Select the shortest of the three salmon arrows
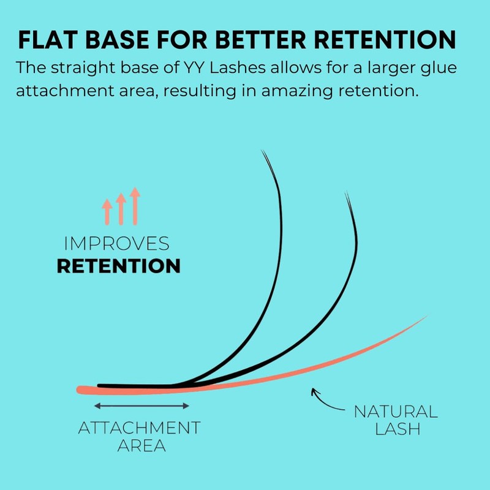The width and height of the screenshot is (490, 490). click(107, 211)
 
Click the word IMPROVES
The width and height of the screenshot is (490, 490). click(117, 244)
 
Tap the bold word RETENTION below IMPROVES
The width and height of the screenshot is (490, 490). click(119, 266)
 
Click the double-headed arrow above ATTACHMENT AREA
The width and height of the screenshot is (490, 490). click(142, 405)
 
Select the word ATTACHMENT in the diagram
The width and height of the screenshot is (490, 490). click(140, 428)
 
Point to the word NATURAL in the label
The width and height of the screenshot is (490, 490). click(396, 411)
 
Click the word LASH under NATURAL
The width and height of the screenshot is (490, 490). click(396, 429)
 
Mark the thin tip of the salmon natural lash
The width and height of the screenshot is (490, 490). click(425, 317)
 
